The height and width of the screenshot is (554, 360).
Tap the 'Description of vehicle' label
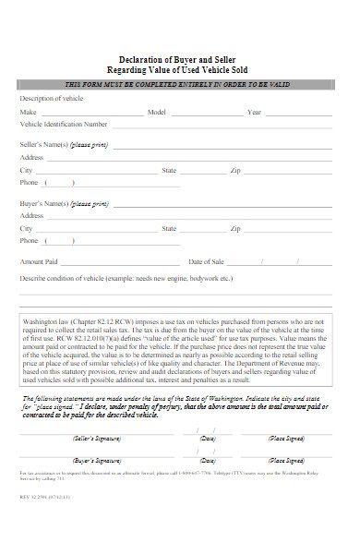coord(52,98)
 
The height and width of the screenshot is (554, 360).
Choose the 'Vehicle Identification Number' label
coord(64,123)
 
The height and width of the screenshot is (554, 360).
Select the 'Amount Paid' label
coord(39,261)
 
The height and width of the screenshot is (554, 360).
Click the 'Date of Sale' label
coord(206,261)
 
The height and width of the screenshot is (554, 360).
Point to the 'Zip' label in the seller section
coord(235,171)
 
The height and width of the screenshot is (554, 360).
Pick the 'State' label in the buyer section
coord(169,228)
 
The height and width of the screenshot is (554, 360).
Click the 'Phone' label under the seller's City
coord(30,183)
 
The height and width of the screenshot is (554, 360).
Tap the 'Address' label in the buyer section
coord(32,215)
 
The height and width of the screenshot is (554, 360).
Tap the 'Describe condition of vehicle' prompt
coord(126,277)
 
